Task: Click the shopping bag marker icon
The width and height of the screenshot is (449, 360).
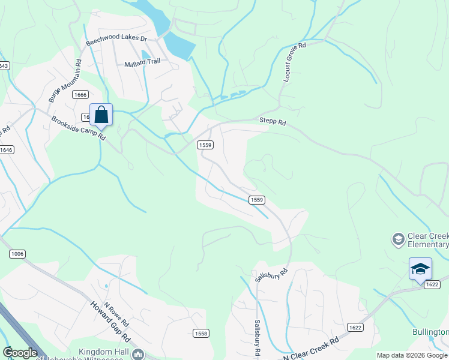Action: click(x=101, y=115)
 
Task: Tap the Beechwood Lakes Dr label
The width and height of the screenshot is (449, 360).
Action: click(x=116, y=40)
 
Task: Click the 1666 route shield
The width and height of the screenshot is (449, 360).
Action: click(x=80, y=95)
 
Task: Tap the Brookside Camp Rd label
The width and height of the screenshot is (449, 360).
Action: click(x=78, y=128)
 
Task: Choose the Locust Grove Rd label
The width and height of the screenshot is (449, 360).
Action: click(x=294, y=62)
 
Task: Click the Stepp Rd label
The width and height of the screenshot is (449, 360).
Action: click(x=273, y=122)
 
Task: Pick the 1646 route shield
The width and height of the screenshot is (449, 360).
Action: click(x=6, y=150)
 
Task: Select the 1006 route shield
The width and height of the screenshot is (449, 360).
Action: click(x=17, y=254)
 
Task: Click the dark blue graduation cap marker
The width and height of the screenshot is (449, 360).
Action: click(x=420, y=269)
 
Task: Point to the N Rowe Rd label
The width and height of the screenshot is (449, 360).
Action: click(x=116, y=313)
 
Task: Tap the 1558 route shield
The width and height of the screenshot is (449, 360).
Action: click(x=201, y=333)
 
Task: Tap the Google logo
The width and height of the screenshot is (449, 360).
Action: click(x=20, y=353)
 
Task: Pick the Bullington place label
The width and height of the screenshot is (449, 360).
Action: click(x=430, y=332)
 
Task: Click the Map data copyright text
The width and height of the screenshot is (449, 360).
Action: click(x=412, y=355)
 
